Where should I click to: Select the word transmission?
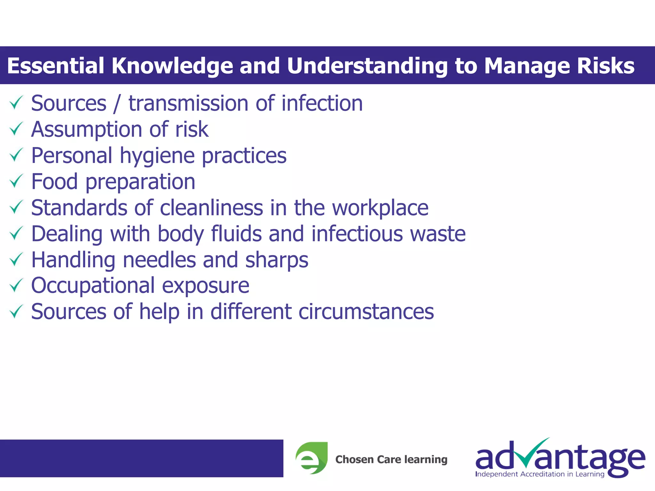188,104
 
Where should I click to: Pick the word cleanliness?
211,208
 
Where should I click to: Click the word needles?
159,260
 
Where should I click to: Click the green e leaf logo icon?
312,458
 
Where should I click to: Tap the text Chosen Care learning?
391,459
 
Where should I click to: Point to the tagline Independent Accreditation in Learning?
540,474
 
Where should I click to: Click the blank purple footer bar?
141,458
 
